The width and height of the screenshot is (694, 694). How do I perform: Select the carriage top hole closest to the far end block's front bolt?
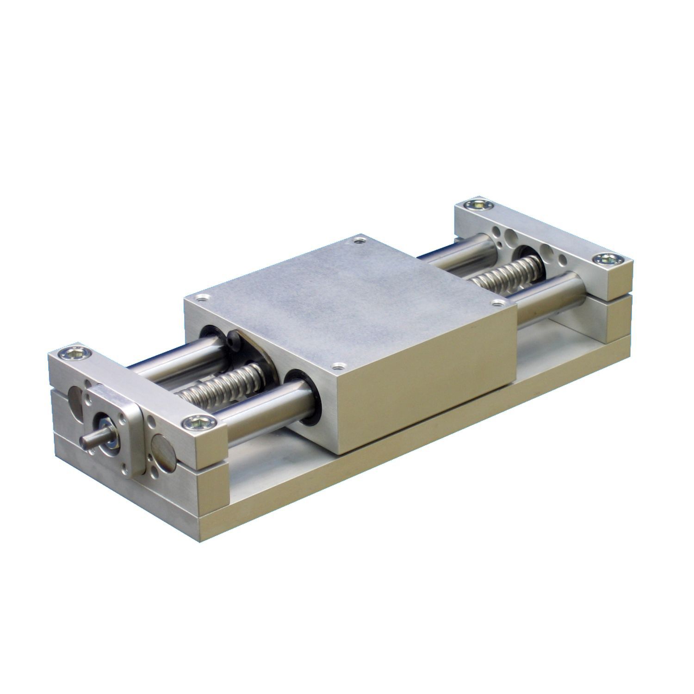click(497, 303)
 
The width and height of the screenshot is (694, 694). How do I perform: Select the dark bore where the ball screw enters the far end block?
click(527, 260)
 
